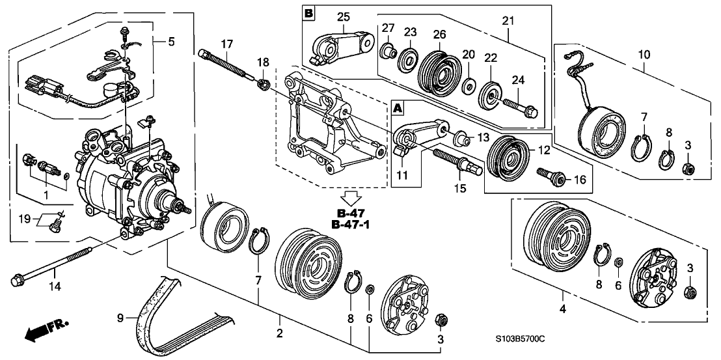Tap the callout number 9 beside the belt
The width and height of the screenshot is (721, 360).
pyautogui.click(x=120, y=318)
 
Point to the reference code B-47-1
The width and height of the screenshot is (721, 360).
pyautogui.click(x=354, y=225)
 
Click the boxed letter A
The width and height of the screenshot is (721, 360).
pyautogui.click(x=397, y=106)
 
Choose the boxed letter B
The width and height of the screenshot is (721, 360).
pyautogui.click(x=308, y=12)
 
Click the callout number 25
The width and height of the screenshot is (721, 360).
pyautogui.click(x=343, y=15)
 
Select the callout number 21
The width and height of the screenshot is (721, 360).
pyautogui.click(x=507, y=21)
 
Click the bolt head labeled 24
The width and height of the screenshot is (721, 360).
pyautogui.click(x=532, y=112)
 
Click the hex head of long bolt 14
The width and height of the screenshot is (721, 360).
pyautogui.click(x=17, y=282)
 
